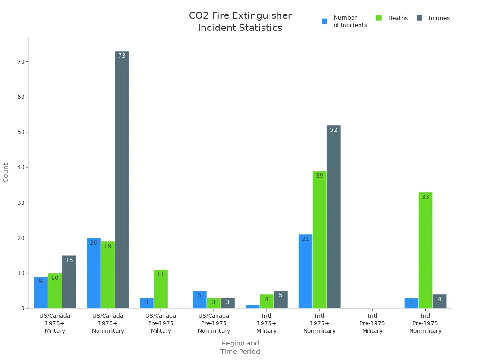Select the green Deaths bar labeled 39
319,240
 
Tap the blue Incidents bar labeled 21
305,271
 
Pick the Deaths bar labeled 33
425,250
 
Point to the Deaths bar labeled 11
160,289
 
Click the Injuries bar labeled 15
69,282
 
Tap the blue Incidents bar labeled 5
199,300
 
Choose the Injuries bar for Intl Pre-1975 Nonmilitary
439,301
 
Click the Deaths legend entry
392,18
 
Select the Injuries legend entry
433,18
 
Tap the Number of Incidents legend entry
345,22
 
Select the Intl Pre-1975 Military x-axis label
372,323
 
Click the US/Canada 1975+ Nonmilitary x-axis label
108,323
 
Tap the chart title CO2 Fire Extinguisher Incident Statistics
240,22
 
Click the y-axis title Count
6,172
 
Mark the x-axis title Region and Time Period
240,347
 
